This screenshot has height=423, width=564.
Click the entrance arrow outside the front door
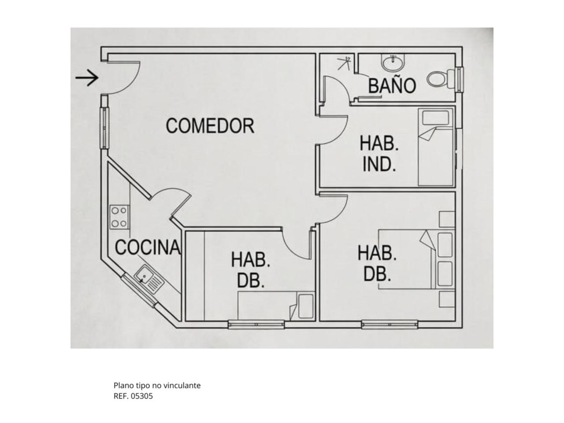point(87,78)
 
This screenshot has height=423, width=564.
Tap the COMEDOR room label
point(210,126)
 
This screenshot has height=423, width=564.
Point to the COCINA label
point(148,247)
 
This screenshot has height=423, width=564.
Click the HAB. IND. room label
point(379,154)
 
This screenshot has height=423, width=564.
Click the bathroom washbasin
point(393,63)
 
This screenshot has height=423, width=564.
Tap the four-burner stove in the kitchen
point(120,217)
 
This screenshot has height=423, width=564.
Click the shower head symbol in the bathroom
point(344,63)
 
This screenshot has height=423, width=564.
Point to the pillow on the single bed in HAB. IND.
point(436,117)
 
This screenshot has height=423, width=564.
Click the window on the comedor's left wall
point(104,128)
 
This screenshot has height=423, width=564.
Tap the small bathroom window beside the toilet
point(460,79)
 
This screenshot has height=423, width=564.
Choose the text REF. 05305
point(133,396)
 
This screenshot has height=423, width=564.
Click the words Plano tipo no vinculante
point(157,385)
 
